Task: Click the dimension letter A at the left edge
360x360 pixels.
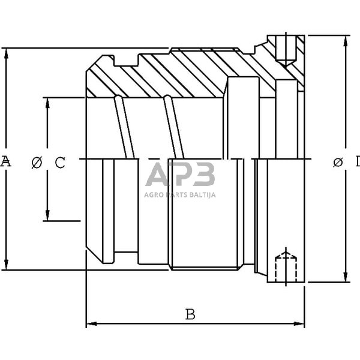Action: click(x=5, y=161)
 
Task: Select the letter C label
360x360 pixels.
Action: click(x=59, y=162)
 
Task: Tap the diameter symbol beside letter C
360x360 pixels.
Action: click(x=37, y=162)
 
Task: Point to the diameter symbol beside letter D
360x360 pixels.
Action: click(x=337, y=161)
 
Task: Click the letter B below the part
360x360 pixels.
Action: click(x=190, y=314)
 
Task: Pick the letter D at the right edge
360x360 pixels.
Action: click(x=356, y=161)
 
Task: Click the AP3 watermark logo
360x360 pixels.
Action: click(x=181, y=176)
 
